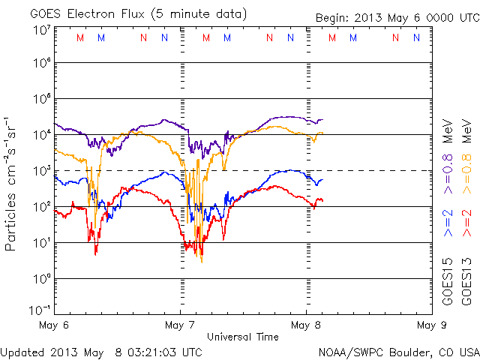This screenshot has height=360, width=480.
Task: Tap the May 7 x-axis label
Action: [180, 325]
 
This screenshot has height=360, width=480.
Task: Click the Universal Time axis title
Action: [242, 337]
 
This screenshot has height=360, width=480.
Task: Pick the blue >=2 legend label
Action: [448, 223]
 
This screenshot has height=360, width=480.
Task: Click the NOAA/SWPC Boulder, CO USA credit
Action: [398, 352]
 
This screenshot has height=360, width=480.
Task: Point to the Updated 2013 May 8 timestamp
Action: [101, 352]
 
